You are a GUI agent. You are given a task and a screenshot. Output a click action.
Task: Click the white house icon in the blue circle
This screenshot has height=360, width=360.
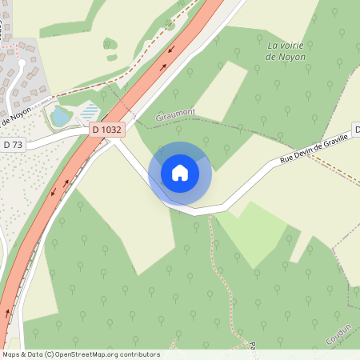coord(180,173)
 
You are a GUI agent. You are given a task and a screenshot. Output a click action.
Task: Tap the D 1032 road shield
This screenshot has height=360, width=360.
coord(106,129)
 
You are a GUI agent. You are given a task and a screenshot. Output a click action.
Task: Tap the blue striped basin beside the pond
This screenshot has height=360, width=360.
coord(90,111)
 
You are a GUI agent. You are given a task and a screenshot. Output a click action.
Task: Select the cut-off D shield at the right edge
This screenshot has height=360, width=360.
coord(357,130)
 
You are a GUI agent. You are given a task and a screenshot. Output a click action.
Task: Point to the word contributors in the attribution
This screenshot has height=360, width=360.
coord(142,354)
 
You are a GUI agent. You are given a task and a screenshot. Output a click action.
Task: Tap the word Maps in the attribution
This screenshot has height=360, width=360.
coord(11,354)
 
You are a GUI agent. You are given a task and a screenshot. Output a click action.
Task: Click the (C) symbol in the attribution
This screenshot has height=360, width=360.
coord(50,354)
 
